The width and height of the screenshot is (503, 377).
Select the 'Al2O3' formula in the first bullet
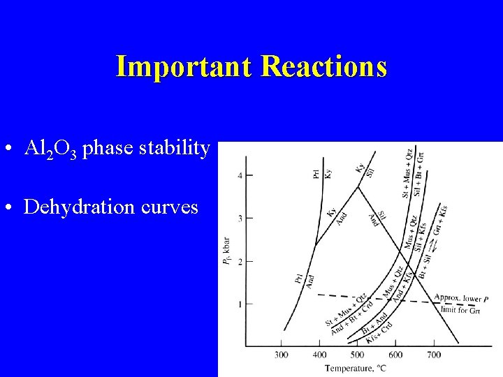(51, 149)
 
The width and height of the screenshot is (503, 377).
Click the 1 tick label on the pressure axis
(239, 304)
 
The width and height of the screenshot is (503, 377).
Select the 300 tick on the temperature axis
(282, 355)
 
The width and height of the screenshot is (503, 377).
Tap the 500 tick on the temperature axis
(357, 355)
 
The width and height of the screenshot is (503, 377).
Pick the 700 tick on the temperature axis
(433, 355)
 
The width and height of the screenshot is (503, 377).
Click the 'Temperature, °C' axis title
(356, 368)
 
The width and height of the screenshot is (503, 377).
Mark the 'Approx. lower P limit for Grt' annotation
(460, 304)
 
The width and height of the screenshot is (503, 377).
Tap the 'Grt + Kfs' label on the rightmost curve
(442, 219)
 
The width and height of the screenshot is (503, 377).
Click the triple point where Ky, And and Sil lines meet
(358, 186)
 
